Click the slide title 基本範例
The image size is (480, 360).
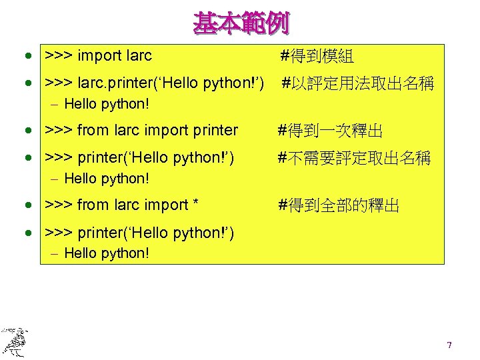pyautogui.click(x=241, y=23)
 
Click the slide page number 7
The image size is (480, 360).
pyautogui.click(x=449, y=345)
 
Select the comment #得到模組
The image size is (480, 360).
pyautogui.click(x=317, y=56)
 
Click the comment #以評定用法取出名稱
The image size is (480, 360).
pyautogui.click(x=358, y=84)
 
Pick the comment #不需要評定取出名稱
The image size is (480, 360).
pyautogui.click(x=354, y=159)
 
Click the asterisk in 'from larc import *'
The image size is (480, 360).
pyautogui.click(x=195, y=204)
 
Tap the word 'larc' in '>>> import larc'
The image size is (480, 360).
pyautogui.click(x=139, y=56)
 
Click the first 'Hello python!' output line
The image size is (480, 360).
pyautogui.click(x=107, y=104)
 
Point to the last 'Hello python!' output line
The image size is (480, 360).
pyautogui.click(x=107, y=253)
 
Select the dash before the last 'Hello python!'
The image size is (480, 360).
pyautogui.click(x=54, y=253)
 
